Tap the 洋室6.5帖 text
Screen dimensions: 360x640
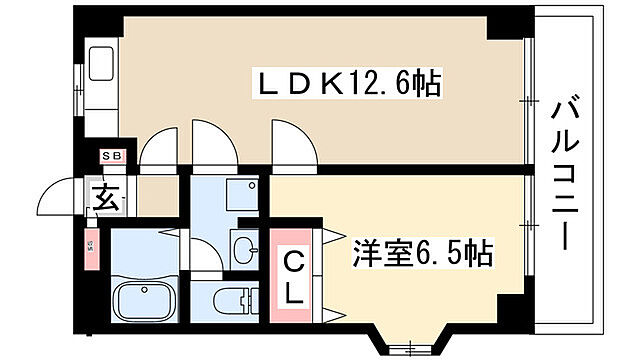click(421, 254)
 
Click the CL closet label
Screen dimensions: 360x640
click(296, 277)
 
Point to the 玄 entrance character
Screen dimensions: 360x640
click(107, 197)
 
